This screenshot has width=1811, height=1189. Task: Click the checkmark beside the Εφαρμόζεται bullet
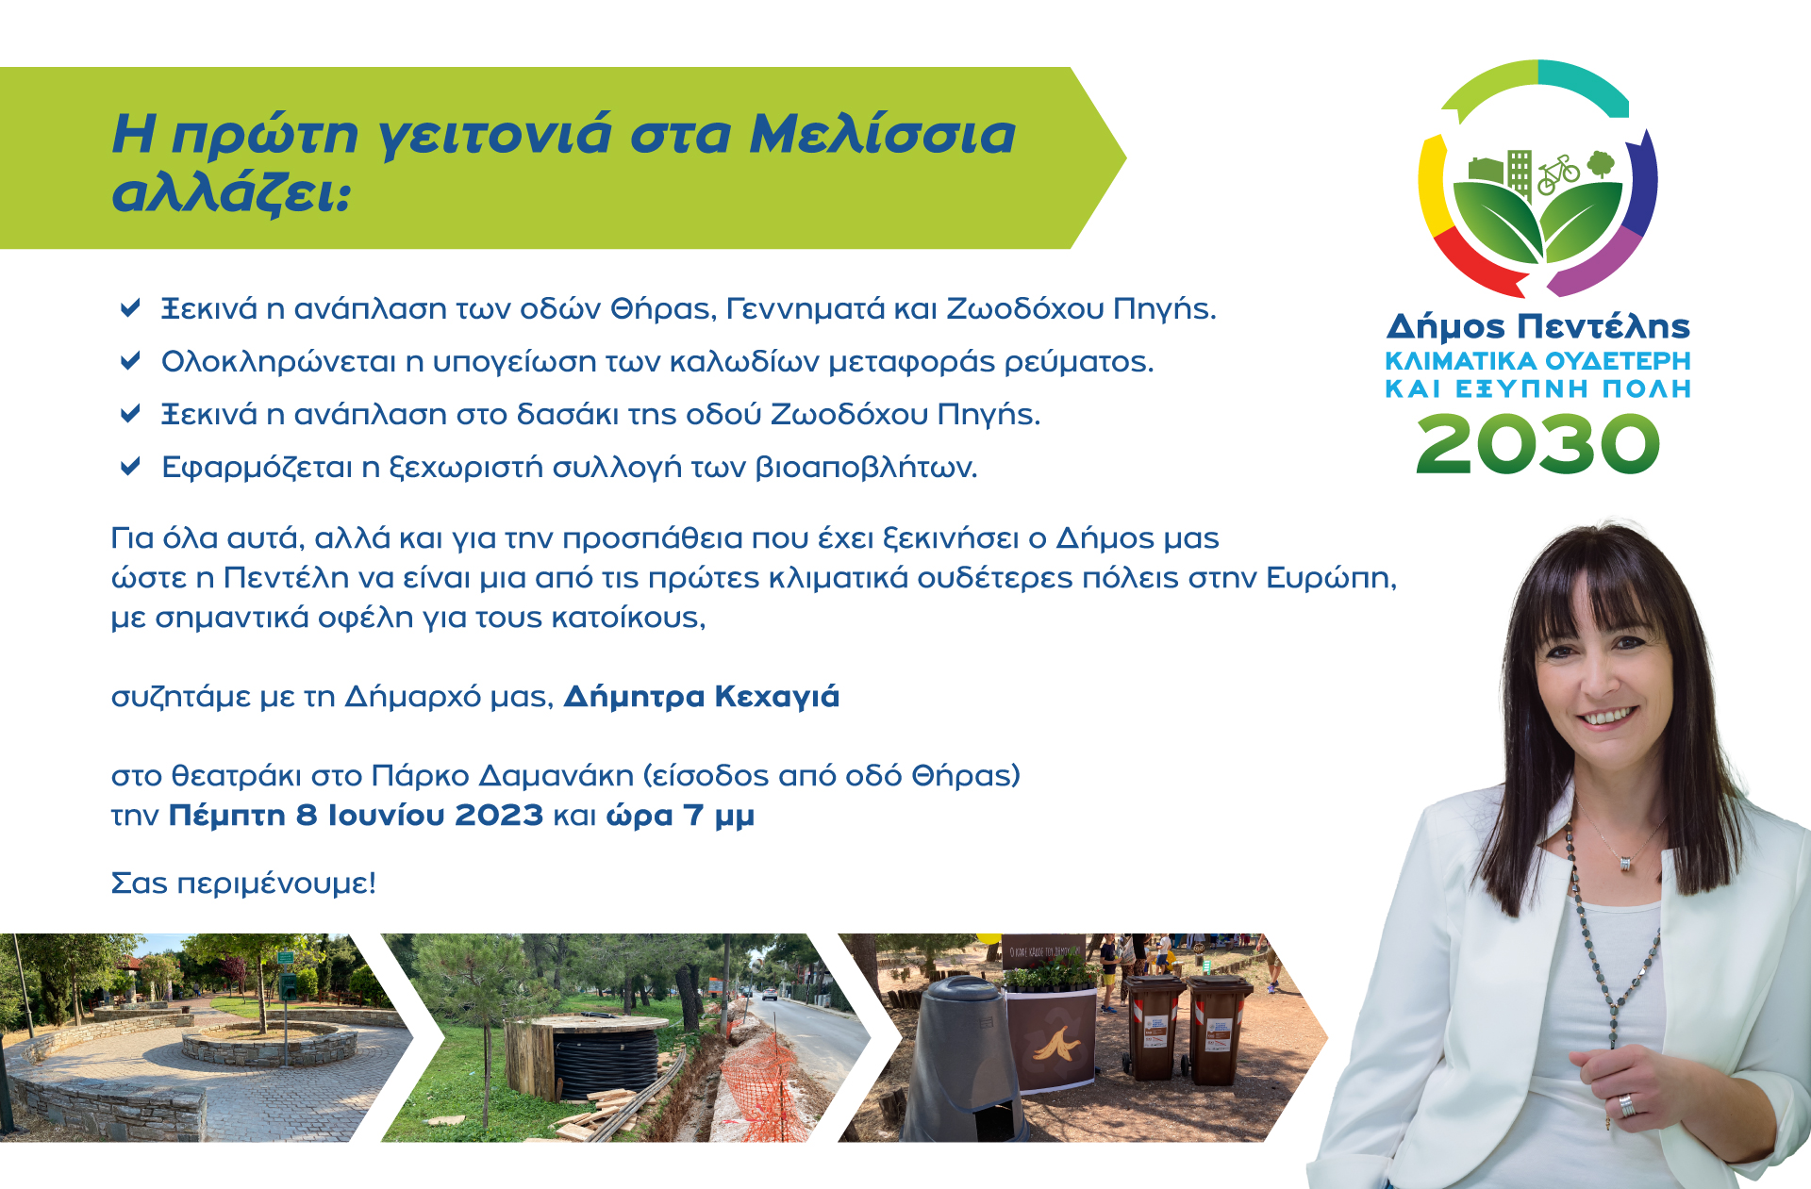pyautogui.click(x=130, y=466)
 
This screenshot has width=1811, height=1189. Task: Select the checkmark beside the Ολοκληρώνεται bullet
pyautogui.click(x=130, y=360)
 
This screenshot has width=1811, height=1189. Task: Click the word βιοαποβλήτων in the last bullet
pyautogui.click(x=866, y=467)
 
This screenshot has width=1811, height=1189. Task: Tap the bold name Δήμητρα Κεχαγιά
pyautogui.click(x=701, y=697)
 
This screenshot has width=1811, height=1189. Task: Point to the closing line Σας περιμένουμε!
pyautogui.click(x=243, y=883)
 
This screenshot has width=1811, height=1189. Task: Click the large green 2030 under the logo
pyautogui.click(x=1537, y=444)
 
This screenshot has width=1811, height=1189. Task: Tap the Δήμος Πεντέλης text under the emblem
pyautogui.click(x=1537, y=326)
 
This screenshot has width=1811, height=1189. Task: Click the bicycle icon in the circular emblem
pyautogui.click(x=1558, y=174)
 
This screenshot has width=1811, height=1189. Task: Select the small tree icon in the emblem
pyautogui.click(x=1601, y=164)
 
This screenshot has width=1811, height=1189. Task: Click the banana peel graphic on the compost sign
pyautogui.click(x=1056, y=1044)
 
